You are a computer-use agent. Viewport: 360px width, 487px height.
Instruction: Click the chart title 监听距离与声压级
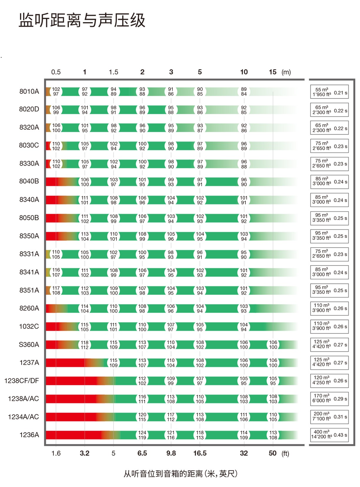[82, 20]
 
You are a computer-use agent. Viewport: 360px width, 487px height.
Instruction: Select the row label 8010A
[29, 91]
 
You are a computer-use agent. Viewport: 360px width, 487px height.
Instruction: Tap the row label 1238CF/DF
[21, 381]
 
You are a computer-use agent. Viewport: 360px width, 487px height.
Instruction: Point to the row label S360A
[29, 345]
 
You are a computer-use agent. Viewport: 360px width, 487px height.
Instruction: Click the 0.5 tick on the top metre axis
[56, 72]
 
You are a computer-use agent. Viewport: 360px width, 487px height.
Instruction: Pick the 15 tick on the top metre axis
[273, 72]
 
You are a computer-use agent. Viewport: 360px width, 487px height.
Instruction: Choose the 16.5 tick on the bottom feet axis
[200, 453]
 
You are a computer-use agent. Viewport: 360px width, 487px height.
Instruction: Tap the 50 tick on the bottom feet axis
[273, 453]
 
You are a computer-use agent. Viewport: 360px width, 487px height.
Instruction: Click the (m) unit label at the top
[286, 72]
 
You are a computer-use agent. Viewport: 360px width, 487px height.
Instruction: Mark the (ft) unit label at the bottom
[285, 453]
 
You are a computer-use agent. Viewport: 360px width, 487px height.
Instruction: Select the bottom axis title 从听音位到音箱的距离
[180, 474]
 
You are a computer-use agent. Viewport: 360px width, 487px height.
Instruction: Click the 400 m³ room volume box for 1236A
[329, 435]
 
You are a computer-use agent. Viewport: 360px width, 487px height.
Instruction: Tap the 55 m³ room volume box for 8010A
[329, 92]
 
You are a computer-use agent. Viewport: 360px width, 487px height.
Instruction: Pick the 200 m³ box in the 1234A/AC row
[329, 417]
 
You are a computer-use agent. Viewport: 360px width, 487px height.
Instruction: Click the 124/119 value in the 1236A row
[142, 435]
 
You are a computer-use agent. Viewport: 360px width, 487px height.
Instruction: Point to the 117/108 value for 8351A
[56, 290]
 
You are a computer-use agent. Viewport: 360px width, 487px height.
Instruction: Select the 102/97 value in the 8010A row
[56, 91]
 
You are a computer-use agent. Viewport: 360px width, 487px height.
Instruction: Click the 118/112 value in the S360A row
[85, 345]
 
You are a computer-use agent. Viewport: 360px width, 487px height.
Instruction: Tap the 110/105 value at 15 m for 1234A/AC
[273, 417]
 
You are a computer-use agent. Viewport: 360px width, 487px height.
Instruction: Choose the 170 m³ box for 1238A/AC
[329, 398]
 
